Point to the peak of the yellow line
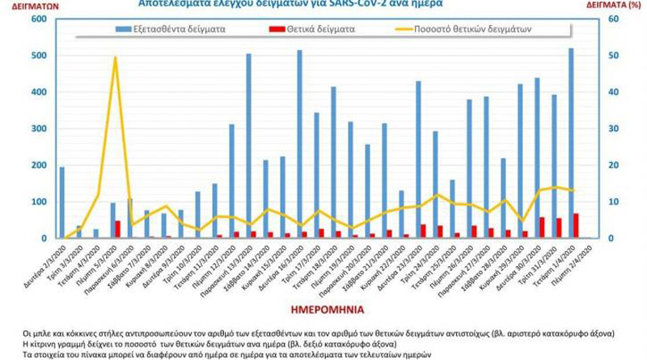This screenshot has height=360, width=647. pyautogui.click(x=115, y=57)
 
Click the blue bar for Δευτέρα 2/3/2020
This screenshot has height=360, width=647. pyautogui.click(x=62, y=202)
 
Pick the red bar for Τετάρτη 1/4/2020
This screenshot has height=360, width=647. pyautogui.click(x=576, y=226)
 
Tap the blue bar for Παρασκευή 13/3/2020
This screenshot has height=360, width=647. pyautogui.click(x=248, y=146)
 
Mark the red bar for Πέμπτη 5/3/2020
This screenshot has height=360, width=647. pyautogui.click(x=118, y=229)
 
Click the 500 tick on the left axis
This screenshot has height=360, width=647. pyautogui.click(x=37, y=56)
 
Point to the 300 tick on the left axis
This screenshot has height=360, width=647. pyautogui.click(x=37, y=129)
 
